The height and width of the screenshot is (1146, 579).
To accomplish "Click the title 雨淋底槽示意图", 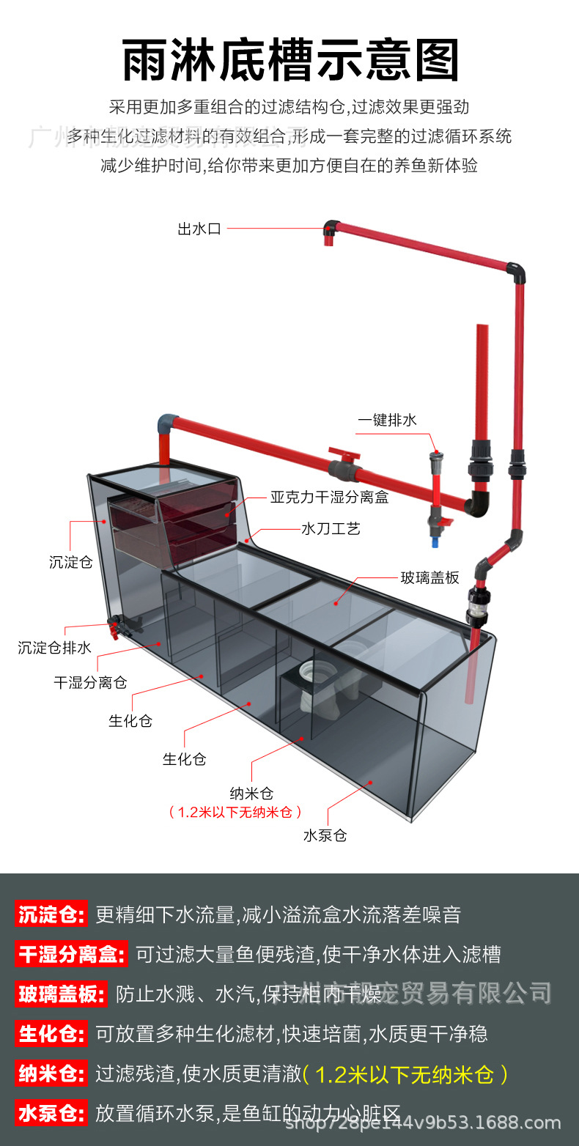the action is (x=290, y=60).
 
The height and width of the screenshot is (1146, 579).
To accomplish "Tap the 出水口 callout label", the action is (x=199, y=229).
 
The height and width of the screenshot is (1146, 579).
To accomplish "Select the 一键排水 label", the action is (x=387, y=420).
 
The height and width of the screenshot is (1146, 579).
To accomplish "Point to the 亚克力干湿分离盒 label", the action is (x=329, y=498).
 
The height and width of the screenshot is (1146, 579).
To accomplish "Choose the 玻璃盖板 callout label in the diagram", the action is (x=429, y=577).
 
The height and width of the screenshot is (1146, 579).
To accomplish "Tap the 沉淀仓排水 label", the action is (x=55, y=648).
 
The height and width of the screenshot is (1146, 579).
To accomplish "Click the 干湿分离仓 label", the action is (x=90, y=682).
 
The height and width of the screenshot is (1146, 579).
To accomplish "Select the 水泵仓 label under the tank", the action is (x=325, y=835).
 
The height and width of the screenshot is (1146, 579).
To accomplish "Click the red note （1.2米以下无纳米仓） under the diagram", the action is (x=235, y=812).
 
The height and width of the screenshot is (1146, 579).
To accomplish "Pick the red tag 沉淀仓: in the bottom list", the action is (x=51, y=914).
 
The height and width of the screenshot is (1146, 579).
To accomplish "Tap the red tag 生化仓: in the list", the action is (x=51, y=1034).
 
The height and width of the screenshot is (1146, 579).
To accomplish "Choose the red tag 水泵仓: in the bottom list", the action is (x=51, y=1114).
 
